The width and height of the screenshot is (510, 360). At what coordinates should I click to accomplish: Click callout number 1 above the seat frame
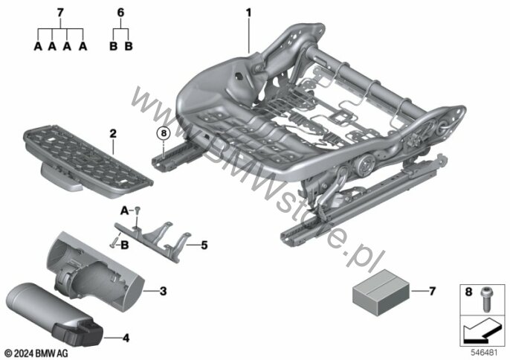click(x=248, y=13)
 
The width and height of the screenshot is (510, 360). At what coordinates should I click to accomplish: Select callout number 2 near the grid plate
click(x=113, y=134)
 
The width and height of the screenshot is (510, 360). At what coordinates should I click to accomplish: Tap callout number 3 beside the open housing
click(x=163, y=291)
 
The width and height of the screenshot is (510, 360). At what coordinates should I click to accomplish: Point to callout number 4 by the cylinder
click(x=126, y=338)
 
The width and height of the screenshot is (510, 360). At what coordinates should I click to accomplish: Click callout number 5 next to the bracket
click(x=204, y=245)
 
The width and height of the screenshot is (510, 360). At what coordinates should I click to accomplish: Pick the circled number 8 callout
click(x=164, y=133)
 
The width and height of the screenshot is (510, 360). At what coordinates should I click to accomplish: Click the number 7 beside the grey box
click(x=432, y=291)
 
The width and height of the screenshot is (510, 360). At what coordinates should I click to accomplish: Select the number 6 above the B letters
click(x=120, y=13)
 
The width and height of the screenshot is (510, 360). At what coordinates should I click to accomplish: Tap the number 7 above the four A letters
click(x=60, y=13)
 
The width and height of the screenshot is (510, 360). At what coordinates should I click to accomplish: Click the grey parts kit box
click(x=381, y=292)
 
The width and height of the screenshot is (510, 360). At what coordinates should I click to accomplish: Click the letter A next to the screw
click(x=125, y=211)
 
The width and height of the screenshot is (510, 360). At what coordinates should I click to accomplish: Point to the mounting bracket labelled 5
click(x=152, y=240)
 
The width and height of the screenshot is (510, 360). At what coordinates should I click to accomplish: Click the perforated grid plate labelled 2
click(x=88, y=158)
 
